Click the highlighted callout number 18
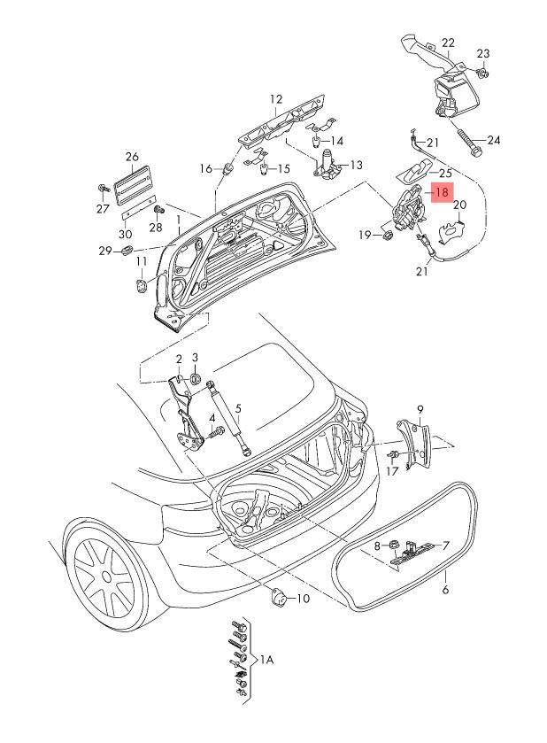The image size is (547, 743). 442,190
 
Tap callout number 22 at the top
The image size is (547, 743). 448,43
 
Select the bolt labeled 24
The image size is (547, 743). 468,139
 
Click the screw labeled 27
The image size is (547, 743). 104,189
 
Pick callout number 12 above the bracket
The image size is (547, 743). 275,99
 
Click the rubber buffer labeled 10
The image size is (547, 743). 277,599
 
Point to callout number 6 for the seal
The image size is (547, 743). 445,588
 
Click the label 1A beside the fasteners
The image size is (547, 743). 266,660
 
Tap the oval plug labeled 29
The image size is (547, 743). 125,252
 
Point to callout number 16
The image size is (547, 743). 206,168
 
